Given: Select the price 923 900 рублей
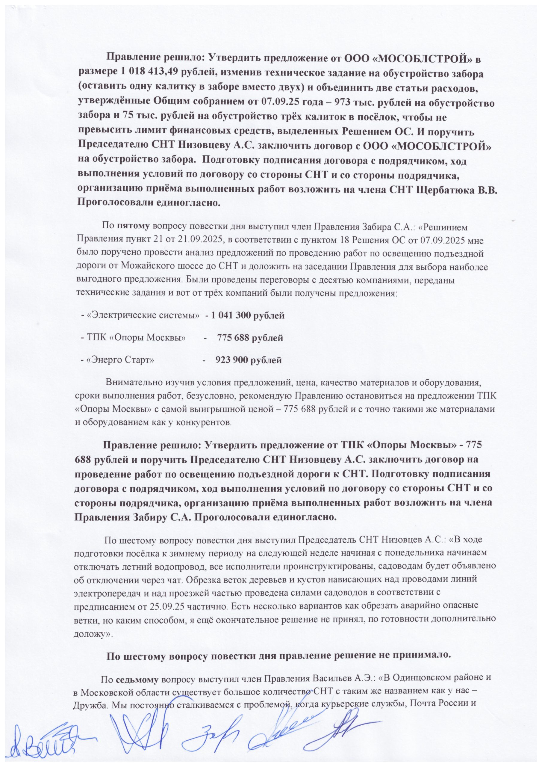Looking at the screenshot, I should (x=249, y=360).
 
